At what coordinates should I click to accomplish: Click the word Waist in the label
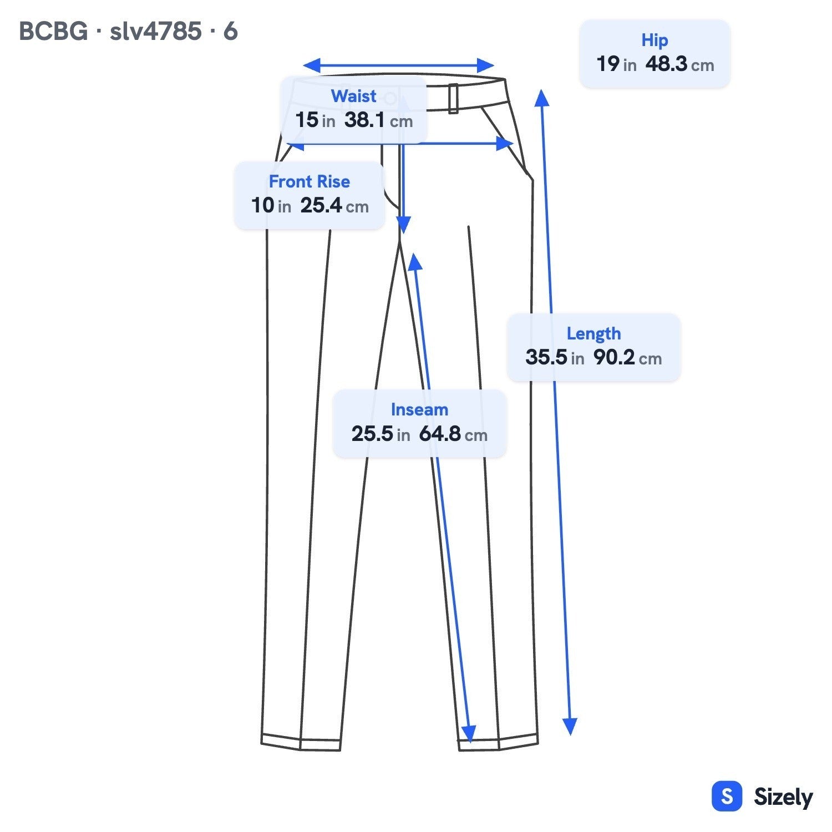353,96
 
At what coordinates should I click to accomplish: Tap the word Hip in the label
655,40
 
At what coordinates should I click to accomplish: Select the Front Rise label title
309,181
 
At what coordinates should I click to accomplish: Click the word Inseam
419,409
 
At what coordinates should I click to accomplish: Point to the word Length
593,333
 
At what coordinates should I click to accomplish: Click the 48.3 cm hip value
679,64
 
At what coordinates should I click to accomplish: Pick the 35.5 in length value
555,357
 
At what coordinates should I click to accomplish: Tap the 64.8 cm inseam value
453,434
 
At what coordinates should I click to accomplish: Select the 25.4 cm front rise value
334,206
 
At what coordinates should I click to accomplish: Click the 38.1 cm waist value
378,120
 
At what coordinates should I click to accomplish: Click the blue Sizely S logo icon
727,797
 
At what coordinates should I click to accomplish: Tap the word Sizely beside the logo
783,798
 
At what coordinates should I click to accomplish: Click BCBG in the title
53,31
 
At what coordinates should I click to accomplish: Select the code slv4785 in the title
155,31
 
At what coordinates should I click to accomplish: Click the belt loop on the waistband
453,98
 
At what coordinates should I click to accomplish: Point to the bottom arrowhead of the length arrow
570,727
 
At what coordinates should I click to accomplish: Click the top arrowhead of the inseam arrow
414,262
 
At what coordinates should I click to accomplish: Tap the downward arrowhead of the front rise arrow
403,225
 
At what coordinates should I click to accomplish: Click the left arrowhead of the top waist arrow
312,65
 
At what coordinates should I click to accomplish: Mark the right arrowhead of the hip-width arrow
505,144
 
